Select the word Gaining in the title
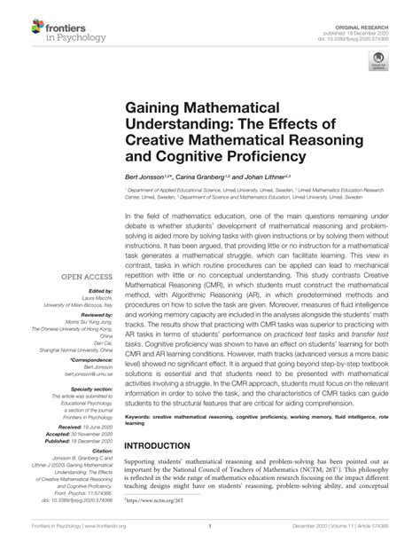point(162,109)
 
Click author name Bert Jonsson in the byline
point(146,178)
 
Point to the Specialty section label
point(87,388)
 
